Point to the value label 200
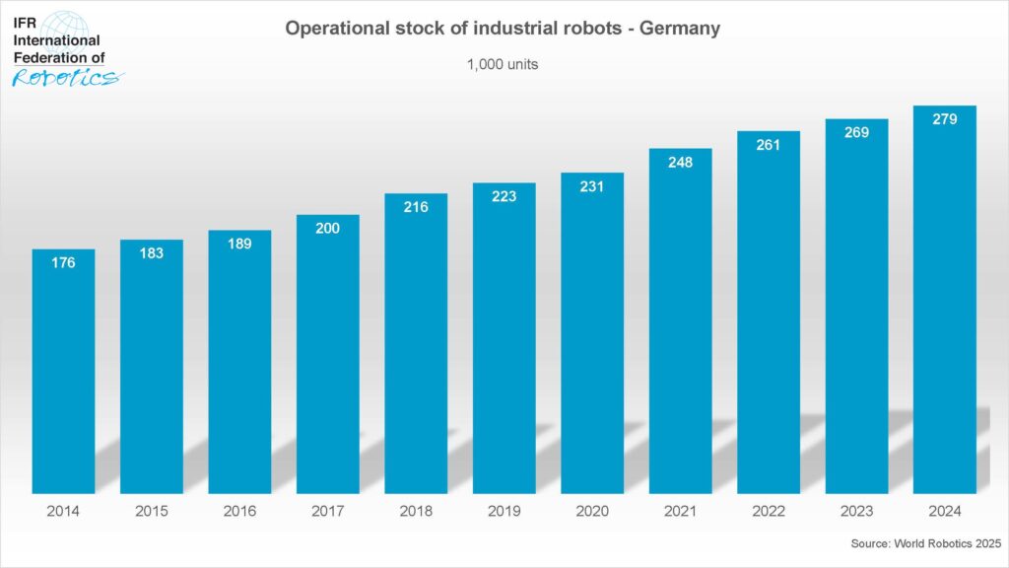click(328, 229)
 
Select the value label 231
click(592, 186)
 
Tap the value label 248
click(680, 162)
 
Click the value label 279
click(944, 119)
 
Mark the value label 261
click(768, 145)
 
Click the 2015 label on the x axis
click(152, 511)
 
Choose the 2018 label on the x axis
click(416, 511)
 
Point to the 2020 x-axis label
click(592, 511)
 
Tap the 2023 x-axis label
click(856, 511)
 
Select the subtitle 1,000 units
click(503, 64)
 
